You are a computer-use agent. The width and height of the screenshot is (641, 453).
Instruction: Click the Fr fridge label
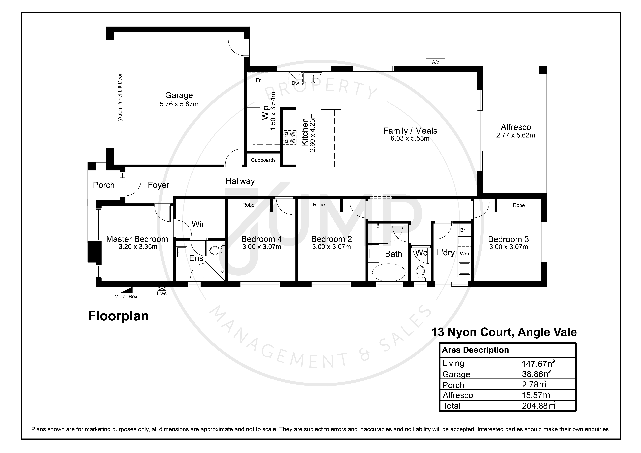pos(258,80)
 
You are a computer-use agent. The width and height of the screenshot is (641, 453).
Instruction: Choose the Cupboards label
pos(263,160)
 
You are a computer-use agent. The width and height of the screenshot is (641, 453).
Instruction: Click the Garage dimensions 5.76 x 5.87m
pos(179,104)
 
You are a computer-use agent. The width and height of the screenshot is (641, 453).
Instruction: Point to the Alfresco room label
pos(516,127)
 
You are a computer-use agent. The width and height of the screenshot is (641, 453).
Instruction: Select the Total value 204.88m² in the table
pos(539,406)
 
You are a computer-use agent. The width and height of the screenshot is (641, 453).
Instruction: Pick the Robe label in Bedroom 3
pos(519,205)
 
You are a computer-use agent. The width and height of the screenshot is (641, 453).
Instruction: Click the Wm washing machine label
pos(464,254)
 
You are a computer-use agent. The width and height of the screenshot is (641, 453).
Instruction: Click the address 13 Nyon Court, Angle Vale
pos(504,332)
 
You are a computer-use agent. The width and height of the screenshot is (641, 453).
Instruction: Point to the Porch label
pos(104,185)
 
